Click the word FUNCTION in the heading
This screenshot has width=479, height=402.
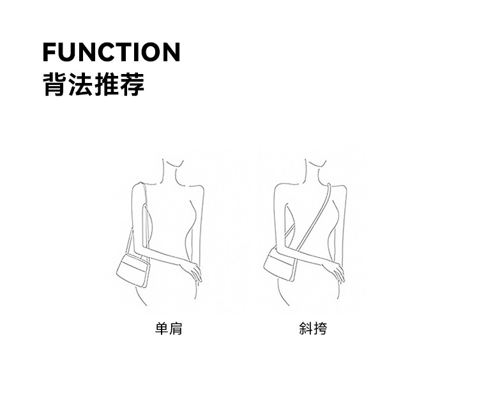[111, 52]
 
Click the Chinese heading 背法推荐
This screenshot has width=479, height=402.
[93, 84]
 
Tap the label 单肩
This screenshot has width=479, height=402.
[169, 329]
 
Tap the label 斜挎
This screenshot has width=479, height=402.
[313, 329]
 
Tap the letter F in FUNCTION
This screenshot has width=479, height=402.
[50, 52]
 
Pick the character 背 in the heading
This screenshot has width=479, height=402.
[53, 84]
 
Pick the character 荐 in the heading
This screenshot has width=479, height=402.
[133, 84]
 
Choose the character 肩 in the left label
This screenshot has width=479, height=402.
[176, 329]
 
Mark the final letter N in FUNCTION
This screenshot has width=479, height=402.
[171, 52]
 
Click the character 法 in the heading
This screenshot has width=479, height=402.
[80, 84]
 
